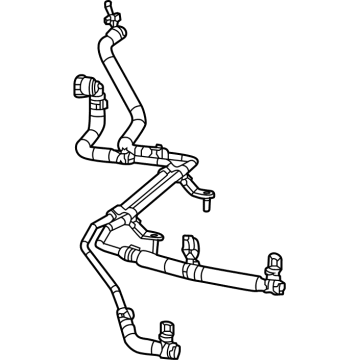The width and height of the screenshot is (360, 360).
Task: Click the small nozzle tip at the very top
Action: point(103,7)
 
